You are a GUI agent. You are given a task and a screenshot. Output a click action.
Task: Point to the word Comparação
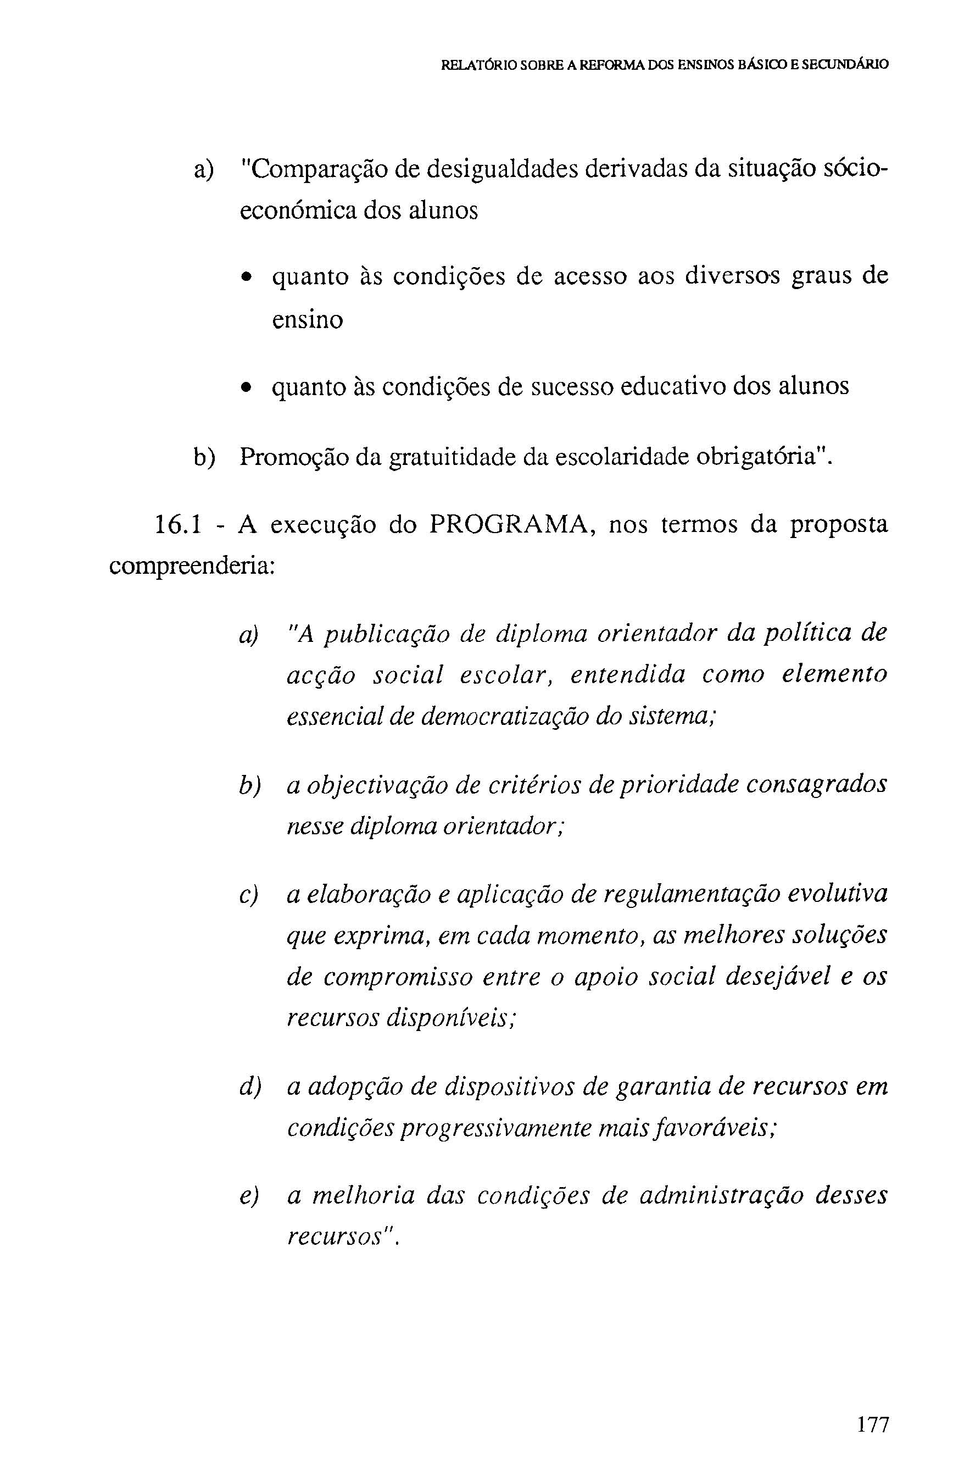click(x=316, y=170)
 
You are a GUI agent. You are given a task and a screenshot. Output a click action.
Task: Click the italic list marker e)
click(x=248, y=1195)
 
